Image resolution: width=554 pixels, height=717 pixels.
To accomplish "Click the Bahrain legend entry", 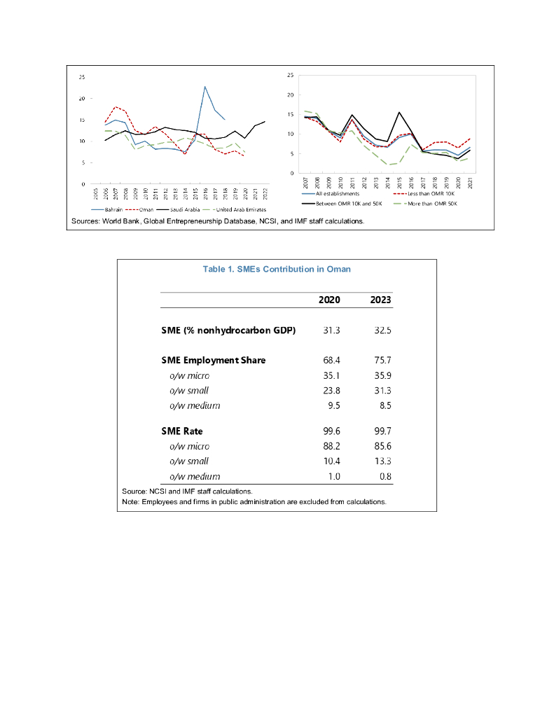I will point(113,209).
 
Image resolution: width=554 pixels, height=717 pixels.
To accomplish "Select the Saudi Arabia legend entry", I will point(183,209).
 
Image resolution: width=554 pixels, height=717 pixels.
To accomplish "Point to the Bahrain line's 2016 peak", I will point(205,87).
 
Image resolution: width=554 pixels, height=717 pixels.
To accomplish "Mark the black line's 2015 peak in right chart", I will point(399,112).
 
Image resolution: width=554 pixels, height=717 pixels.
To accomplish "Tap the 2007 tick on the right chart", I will point(306,181).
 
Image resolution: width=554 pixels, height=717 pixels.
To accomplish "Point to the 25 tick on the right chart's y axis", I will point(290,75).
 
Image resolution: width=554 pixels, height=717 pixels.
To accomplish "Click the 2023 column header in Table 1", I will point(380,300).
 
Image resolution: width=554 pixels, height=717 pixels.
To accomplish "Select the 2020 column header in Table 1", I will point(329,300).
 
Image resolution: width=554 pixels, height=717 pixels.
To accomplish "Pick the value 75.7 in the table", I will point(381,360).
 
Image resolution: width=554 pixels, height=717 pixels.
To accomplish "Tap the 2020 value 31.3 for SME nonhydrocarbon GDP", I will point(331,330).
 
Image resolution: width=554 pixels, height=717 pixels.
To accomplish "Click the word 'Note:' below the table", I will point(131,502).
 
